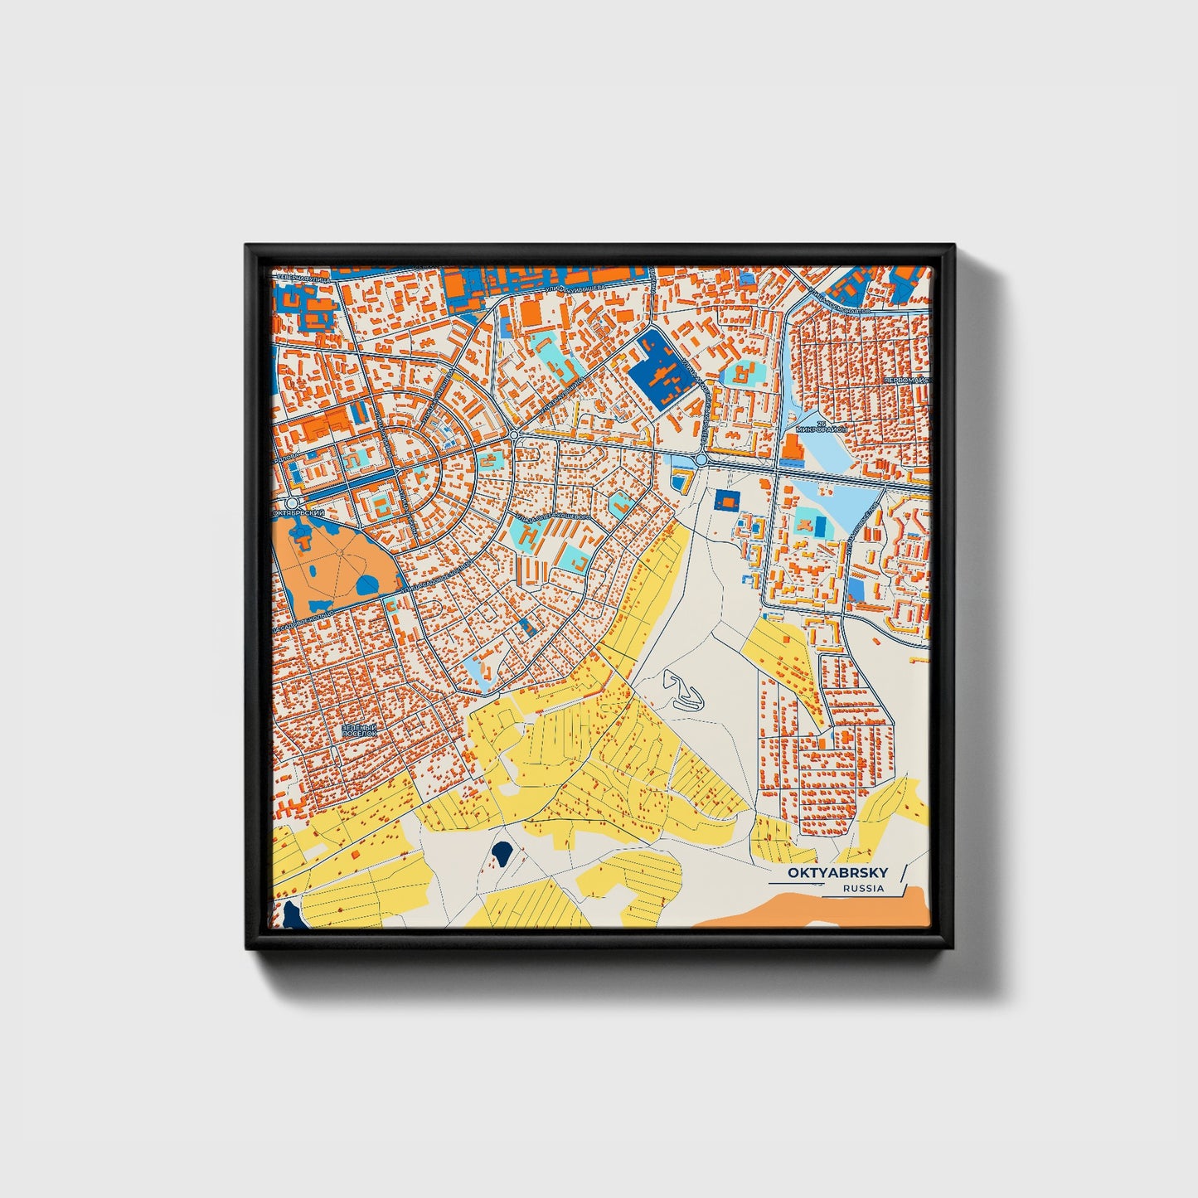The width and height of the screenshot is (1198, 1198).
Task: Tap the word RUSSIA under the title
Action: [862, 889]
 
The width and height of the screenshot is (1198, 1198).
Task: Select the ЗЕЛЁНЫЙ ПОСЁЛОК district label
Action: [360, 730]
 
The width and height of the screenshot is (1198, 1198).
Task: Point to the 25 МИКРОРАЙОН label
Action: [818, 428]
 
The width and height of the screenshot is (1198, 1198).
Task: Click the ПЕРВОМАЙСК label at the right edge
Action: [907, 380]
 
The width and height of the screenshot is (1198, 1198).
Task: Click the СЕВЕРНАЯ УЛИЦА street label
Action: [303, 280]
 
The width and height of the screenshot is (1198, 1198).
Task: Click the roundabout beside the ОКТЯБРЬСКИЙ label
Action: [290, 503]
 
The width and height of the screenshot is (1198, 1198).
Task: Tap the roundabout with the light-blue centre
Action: [701, 458]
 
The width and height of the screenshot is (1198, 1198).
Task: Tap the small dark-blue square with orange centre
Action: [726, 500]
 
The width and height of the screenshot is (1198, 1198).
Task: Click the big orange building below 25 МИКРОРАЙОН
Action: [788, 450]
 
